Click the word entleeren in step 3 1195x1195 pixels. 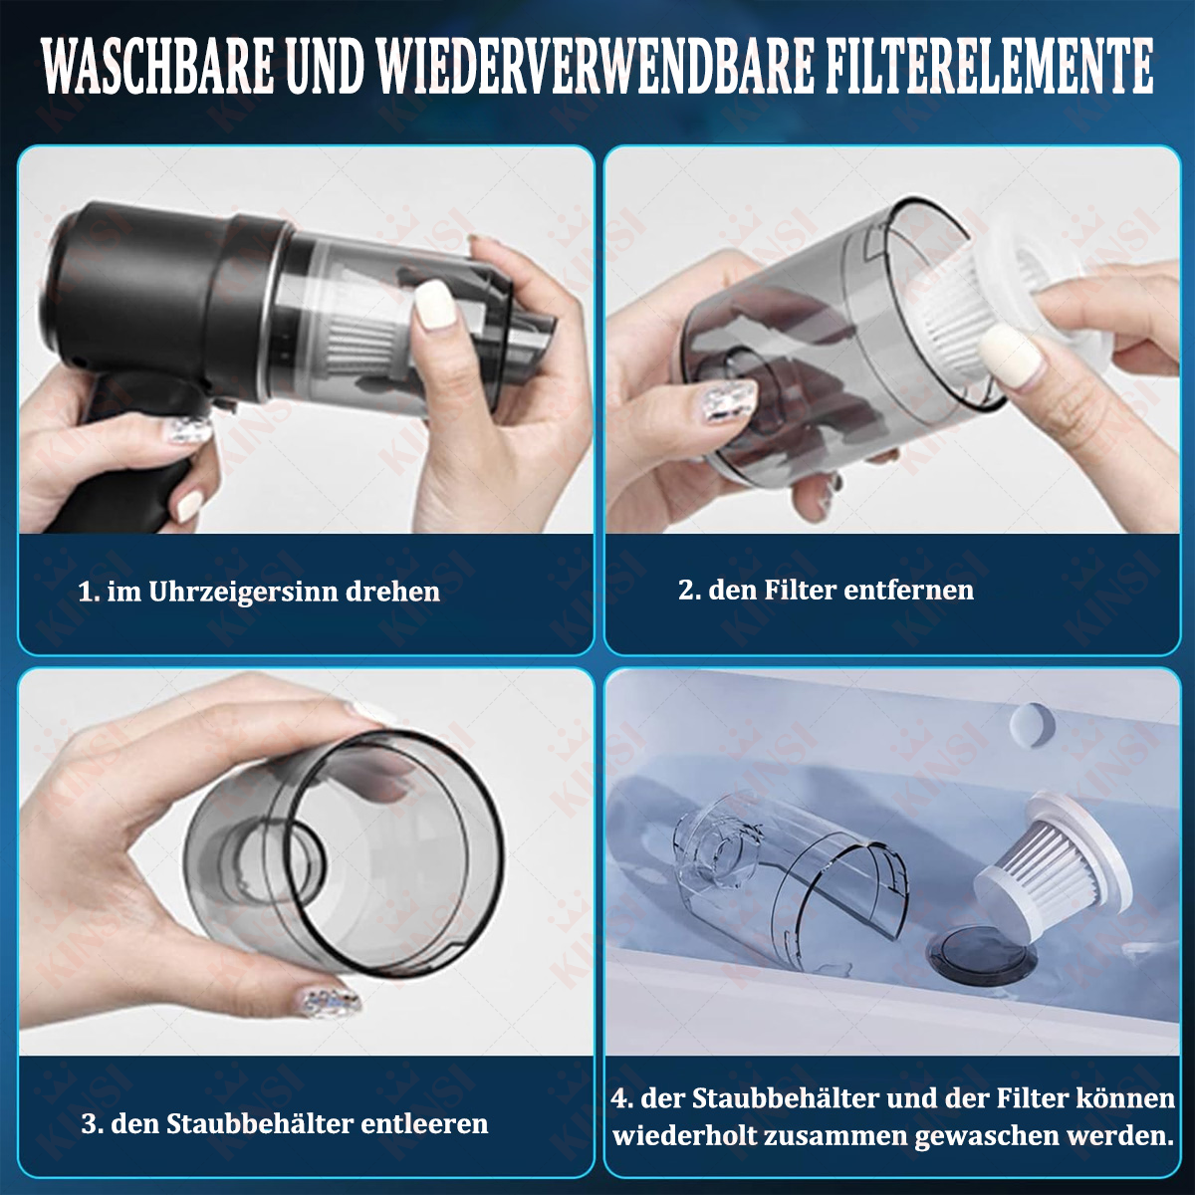click(x=425, y=1123)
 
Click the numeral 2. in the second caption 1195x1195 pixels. click(x=689, y=590)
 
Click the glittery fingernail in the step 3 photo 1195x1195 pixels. click(x=330, y=1000)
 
